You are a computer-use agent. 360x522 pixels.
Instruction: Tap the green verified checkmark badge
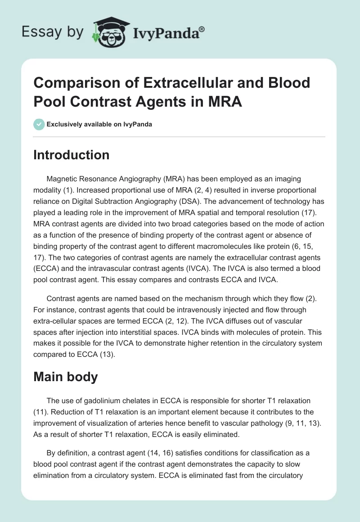pyautogui.click(x=39, y=124)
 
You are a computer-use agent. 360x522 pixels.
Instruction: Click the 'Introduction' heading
pyautogui.click(x=72, y=155)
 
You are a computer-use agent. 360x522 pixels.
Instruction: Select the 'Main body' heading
pyautogui.click(x=66, y=377)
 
